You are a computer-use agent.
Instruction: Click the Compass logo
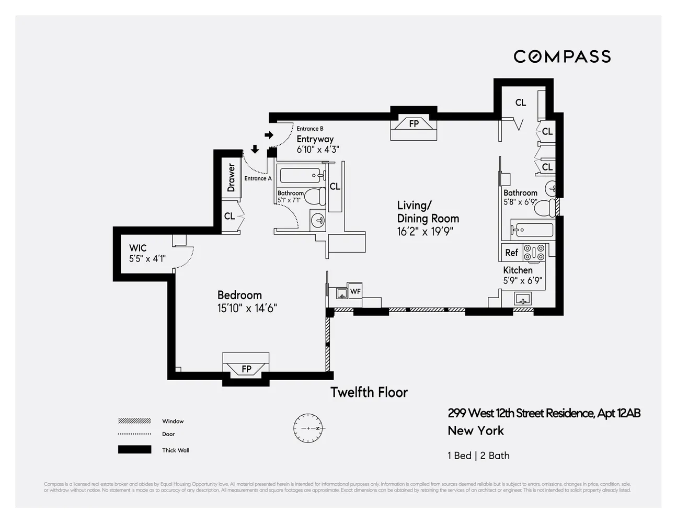[x=562, y=56]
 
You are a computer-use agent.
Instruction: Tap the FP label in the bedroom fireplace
[x=246, y=369]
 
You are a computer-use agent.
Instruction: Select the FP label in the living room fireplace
[x=414, y=124]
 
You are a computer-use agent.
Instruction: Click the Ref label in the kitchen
[x=511, y=253]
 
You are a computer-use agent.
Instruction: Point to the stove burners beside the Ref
[x=534, y=253]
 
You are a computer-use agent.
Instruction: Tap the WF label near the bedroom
[x=355, y=291]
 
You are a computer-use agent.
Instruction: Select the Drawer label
[x=231, y=178]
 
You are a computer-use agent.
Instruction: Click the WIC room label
[x=138, y=248]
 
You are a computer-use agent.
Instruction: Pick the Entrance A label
[x=258, y=178]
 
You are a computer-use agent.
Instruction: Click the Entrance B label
[x=310, y=129]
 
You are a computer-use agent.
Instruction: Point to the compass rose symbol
[x=309, y=428]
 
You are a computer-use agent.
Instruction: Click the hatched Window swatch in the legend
[x=134, y=421]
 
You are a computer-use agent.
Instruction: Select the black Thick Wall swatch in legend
[x=134, y=450]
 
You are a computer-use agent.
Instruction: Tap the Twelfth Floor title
[x=369, y=392]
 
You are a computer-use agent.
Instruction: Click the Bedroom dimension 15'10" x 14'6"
[x=247, y=309]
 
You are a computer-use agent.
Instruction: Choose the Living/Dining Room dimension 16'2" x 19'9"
[x=425, y=232]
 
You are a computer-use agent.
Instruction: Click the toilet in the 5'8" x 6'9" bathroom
[x=546, y=208]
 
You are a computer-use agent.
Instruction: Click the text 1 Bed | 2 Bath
[x=478, y=456]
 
